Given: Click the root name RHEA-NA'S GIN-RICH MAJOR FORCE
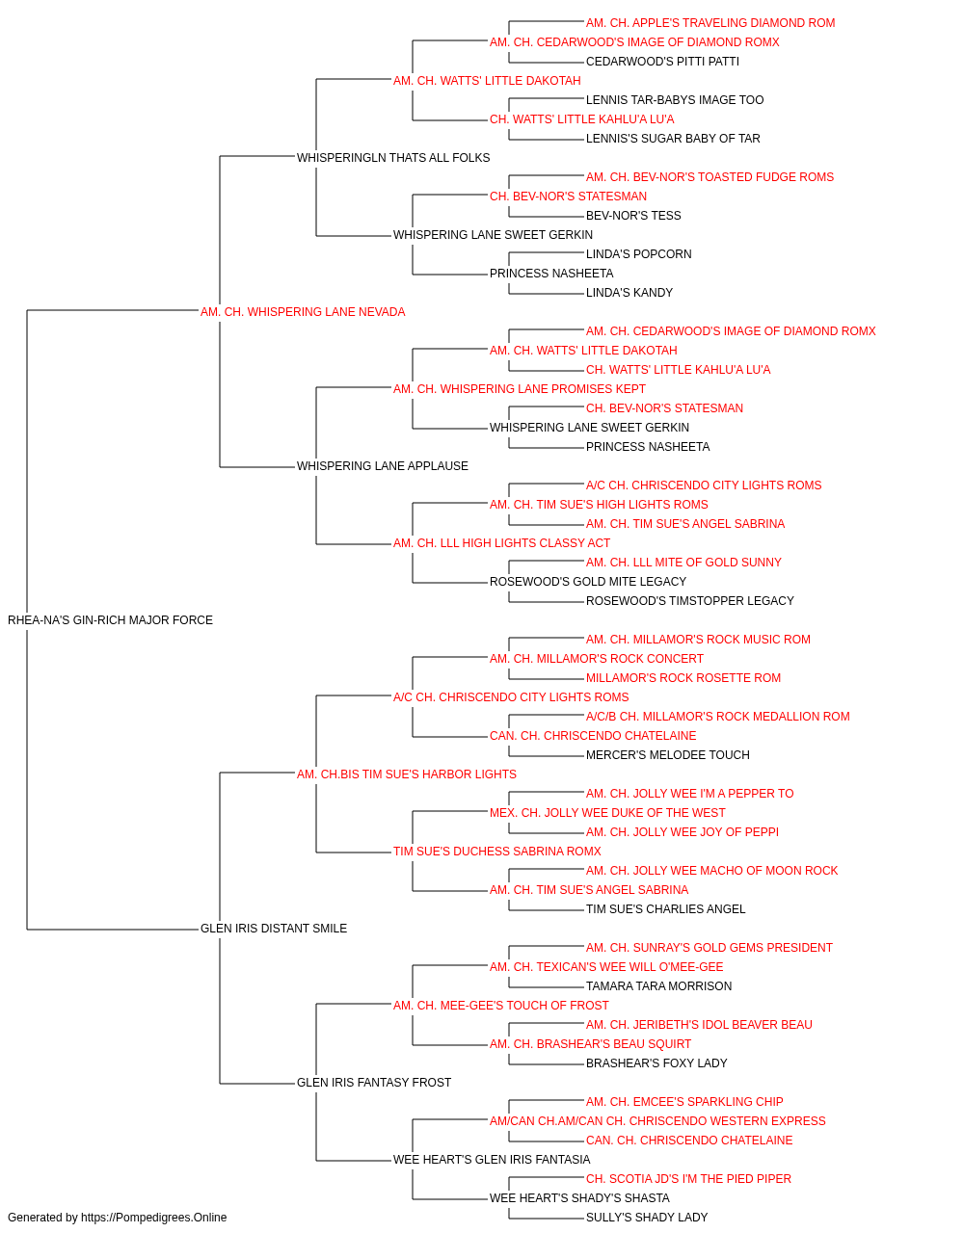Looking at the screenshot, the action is [x=110, y=620].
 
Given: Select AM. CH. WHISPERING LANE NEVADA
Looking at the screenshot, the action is [x=303, y=312].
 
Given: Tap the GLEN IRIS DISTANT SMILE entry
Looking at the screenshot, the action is [x=274, y=929].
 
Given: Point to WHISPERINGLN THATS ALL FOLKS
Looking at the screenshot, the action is [x=393, y=158].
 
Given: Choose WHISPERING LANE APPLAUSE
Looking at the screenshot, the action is [x=383, y=466].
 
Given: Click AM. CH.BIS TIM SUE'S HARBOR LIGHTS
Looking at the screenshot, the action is [x=407, y=774].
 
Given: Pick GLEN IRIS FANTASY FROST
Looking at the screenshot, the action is [x=374, y=1083].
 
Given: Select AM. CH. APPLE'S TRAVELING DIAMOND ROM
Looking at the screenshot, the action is [x=710, y=23].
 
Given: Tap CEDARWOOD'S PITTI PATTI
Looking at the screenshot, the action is [x=662, y=62].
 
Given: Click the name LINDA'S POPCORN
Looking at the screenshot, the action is [x=639, y=254].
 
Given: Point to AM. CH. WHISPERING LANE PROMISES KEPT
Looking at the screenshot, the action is [x=520, y=389].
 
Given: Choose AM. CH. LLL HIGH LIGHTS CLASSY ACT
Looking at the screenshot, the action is [x=502, y=543].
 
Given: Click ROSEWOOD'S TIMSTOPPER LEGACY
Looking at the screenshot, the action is [x=690, y=601].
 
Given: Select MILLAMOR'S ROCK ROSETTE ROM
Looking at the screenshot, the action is [x=683, y=678].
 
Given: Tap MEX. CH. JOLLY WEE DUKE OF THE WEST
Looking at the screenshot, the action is [x=607, y=813].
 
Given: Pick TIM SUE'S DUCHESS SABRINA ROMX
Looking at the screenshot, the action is [x=497, y=852].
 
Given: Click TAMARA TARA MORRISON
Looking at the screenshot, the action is [x=658, y=986].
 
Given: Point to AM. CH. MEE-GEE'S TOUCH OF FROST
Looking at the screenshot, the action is [x=500, y=1006].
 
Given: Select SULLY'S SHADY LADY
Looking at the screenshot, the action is [x=647, y=1218].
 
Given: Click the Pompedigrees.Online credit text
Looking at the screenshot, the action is [x=117, y=1218].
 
